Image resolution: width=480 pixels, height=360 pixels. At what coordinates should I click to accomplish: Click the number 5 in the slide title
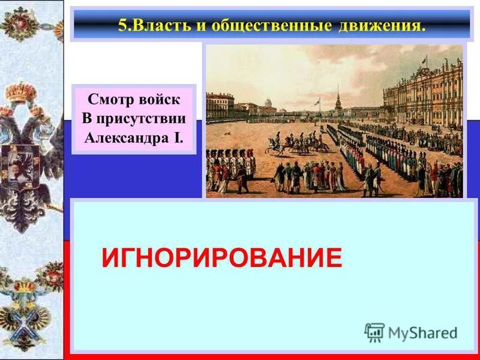click(x=122, y=25)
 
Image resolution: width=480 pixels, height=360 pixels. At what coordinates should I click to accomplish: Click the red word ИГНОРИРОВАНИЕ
click(x=221, y=258)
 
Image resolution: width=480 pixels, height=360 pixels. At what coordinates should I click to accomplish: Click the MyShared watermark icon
click(x=374, y=332)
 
